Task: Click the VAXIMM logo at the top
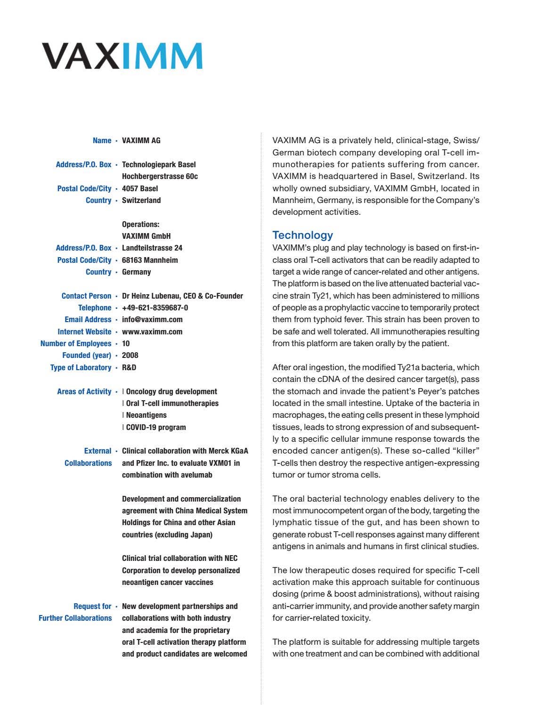coord(122,56)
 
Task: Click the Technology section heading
coord(302,235)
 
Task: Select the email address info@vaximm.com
coord(152,319)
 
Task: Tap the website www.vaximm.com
coord(152,332)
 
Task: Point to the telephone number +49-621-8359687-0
coord(155,308)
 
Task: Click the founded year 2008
coord(130,355)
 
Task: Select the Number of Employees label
coord(76,343)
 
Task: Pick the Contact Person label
coord(86,296)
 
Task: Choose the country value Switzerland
coord(141,200)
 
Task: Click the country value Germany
coord(137,272)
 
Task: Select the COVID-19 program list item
coord(155,427)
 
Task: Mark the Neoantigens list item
coord(146,415)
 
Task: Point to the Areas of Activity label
coord(84,391)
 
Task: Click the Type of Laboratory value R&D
coord(129,367)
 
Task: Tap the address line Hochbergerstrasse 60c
coord(160,176)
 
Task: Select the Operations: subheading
coord(140,224)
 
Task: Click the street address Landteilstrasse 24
coord(152,248)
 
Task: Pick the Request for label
coord(92,606)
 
